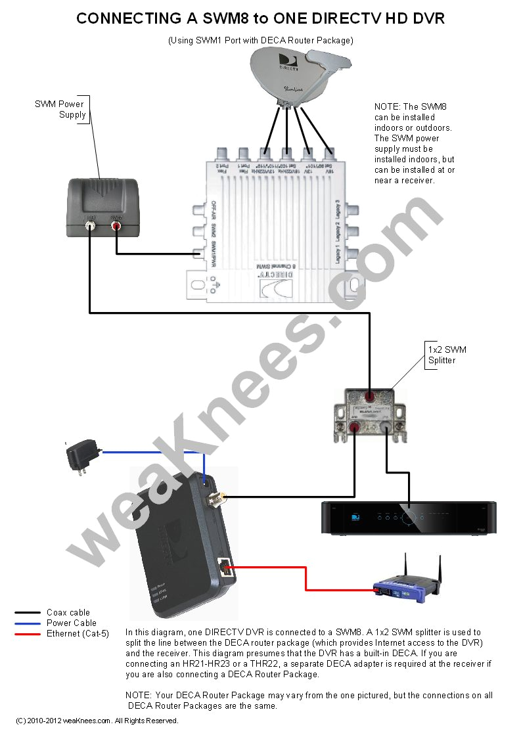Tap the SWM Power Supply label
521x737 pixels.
pyautogui.click(x=60, y=109)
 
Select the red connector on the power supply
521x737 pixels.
pyautogui.click(x=116, y=227)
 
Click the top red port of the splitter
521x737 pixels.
pyautogui.click(x=371, y=397)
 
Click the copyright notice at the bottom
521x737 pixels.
pyautogui.click(x=97, y=721)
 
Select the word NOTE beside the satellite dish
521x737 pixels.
pyautogui.click(x=386, y=106)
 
